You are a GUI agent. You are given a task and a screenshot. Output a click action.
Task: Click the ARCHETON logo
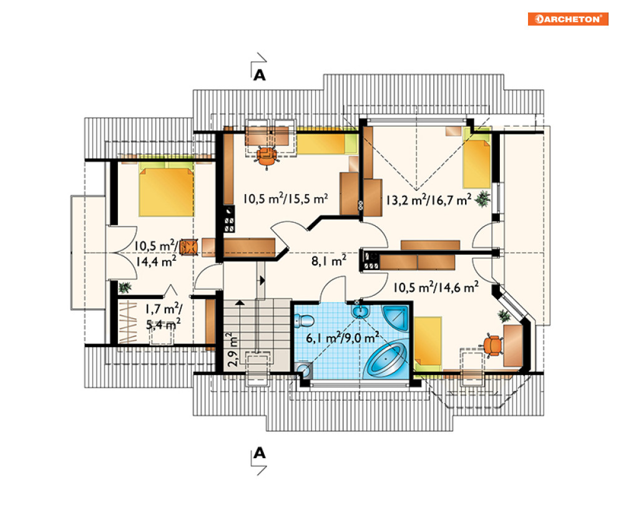[567, 19]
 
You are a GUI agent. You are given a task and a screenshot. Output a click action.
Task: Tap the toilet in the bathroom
[304, 320]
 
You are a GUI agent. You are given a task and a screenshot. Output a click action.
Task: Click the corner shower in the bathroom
[395, 317]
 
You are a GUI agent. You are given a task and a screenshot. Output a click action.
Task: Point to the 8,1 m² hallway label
[329, 260]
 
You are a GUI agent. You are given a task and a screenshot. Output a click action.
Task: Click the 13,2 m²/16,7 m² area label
[429, 200]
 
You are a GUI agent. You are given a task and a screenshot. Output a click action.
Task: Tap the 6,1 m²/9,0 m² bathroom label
[342, 338]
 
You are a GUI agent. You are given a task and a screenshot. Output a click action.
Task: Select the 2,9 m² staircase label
[232, 349]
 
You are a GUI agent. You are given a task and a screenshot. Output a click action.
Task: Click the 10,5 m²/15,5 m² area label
[285, 198]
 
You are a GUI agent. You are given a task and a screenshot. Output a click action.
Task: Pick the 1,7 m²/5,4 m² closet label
[163, 316]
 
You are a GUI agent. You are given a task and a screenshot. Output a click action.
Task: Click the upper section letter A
[260, 75]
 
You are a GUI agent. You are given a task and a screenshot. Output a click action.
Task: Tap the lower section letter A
[260, 452]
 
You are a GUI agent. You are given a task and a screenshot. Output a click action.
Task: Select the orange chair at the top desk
[266, 157]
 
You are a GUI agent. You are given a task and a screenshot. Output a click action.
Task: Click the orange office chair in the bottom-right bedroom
[492, 345]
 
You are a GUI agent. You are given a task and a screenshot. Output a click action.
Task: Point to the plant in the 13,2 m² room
[482, 198]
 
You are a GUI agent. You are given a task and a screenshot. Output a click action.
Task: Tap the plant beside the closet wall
[124, 286]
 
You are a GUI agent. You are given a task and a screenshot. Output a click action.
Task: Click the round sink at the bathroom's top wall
[359, 311]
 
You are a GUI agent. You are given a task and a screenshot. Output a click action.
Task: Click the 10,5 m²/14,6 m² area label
[436, 287]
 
